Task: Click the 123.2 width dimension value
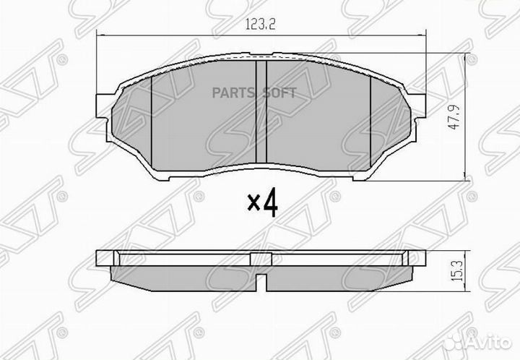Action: click(x=262, y=24)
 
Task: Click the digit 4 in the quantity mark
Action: click(x=270, y=204)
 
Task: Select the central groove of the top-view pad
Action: click(x=263, y=112)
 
